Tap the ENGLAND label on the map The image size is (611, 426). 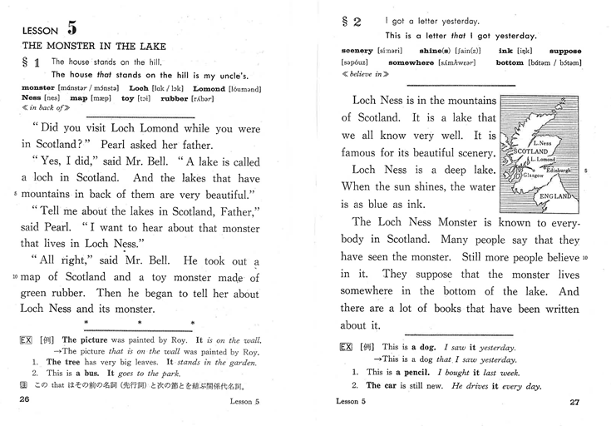pyautogui.click(x=555, y=196)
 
